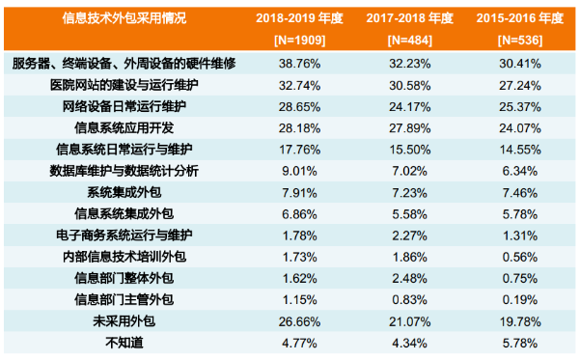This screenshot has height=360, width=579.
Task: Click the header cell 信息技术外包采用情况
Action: [124, 19]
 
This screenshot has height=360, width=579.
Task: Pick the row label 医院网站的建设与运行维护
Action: [124, 85]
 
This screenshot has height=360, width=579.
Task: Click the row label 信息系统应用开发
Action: [124, 127]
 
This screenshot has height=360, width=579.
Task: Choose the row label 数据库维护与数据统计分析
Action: [124, 171]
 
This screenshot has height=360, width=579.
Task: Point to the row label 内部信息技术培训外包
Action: [124, 257]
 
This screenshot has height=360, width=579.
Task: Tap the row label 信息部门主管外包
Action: [124, 299]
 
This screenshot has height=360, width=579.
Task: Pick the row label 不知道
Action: [124, 342]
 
